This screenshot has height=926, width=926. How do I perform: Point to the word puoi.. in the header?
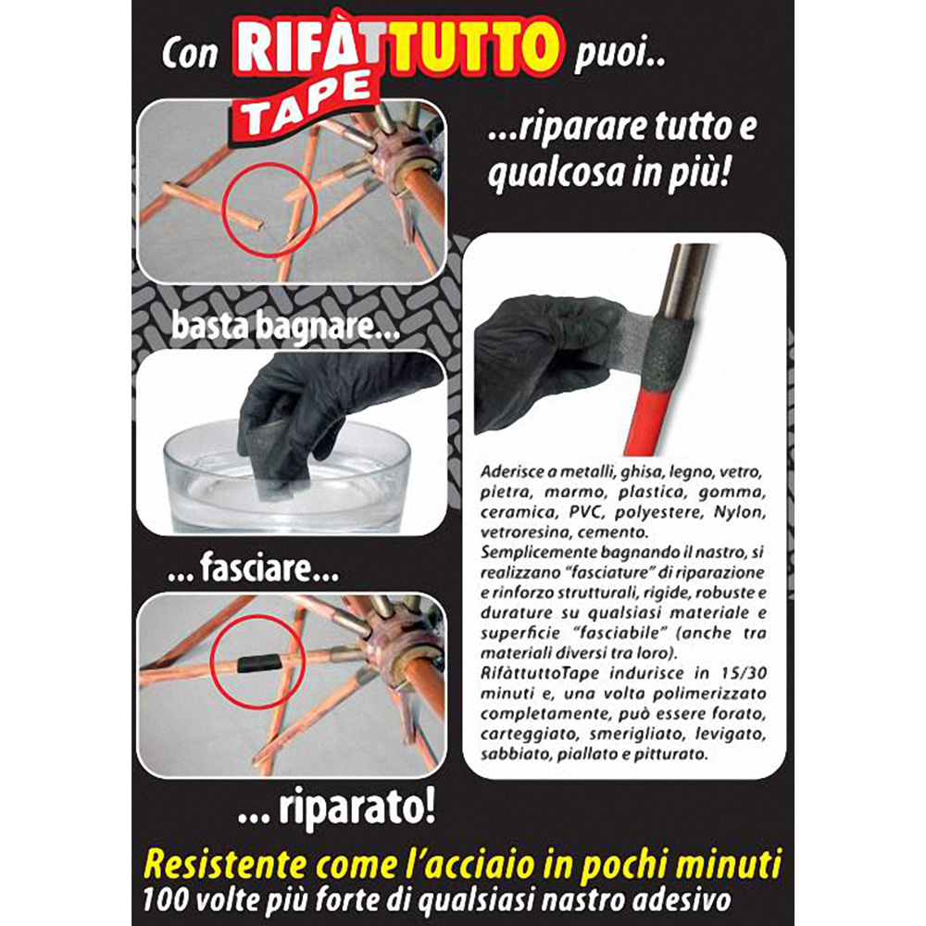tap(619, 56)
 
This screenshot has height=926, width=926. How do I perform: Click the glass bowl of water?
tap(286, 479)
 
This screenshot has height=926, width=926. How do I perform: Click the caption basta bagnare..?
tap(286, 327)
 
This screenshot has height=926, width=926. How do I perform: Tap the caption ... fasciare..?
tap(253, 569)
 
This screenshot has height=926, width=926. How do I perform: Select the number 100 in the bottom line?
tap(166, 900)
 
